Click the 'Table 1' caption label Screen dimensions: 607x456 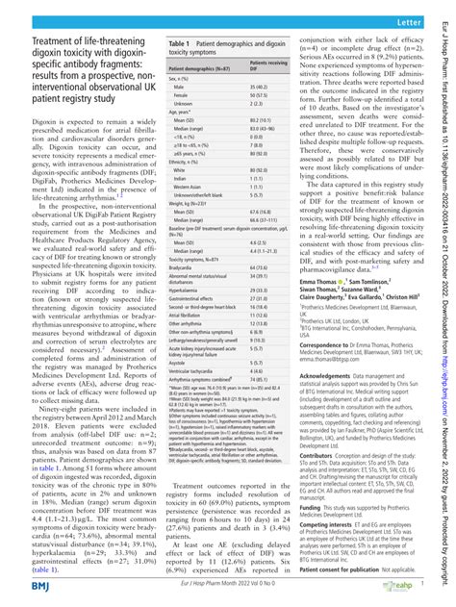pyautogui.click(x=157, y=44)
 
